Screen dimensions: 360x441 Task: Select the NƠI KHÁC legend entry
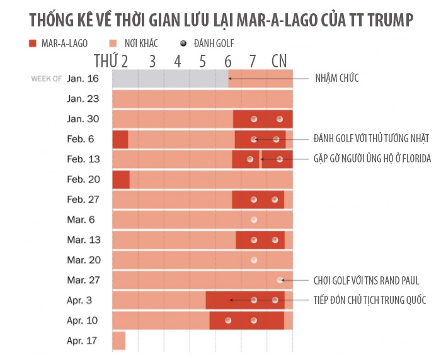point(134,43)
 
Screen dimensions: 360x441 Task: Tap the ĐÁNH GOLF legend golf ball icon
point(183,43)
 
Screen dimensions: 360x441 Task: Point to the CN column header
point(279,61)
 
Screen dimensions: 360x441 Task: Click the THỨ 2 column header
point(111,61)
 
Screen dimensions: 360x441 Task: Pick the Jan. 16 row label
point(83,79)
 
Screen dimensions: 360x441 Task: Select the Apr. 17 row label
point(83,340)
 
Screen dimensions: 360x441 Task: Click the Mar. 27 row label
point(83,280)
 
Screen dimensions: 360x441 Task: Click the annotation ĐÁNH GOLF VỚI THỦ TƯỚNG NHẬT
point(372,138)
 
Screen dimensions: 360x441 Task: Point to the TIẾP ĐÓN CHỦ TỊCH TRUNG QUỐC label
point(370,300)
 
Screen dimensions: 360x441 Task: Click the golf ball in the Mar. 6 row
point(254,220)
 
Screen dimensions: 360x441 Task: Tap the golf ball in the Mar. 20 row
point(254,260)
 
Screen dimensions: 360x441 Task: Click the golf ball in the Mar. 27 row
point(279,280)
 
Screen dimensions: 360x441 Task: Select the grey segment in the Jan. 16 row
point(170,79)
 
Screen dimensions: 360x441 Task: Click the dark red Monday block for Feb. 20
point(121,179)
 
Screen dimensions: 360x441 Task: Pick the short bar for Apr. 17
point(118,340)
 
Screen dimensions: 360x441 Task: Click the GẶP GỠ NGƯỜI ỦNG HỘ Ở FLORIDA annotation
point(372,159)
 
